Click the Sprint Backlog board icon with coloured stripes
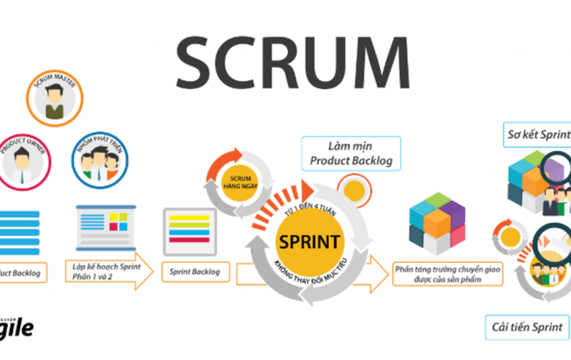pos(191,229)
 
